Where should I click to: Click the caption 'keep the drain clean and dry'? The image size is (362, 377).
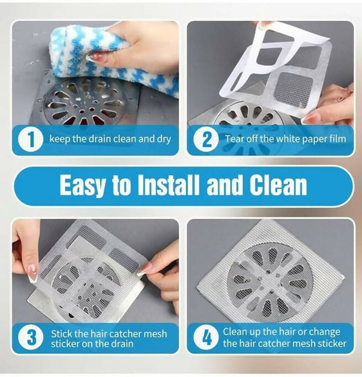[x=110, y=140]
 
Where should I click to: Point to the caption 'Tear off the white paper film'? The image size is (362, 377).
[x=285, y=140]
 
